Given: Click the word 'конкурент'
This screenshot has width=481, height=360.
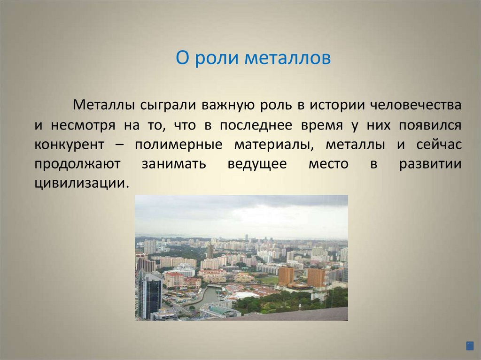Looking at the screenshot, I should [x=69, y=145].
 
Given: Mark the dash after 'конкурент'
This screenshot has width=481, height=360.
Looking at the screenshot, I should [x=119, y=146].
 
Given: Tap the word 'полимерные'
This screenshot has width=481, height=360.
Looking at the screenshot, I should [x=178, y=145].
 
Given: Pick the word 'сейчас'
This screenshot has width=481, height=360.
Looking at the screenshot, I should [x=438, y=145].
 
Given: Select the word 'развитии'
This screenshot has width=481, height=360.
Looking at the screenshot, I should [x=430, y=165].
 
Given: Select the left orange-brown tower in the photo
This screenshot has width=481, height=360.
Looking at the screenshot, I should [x=286, y=276].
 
